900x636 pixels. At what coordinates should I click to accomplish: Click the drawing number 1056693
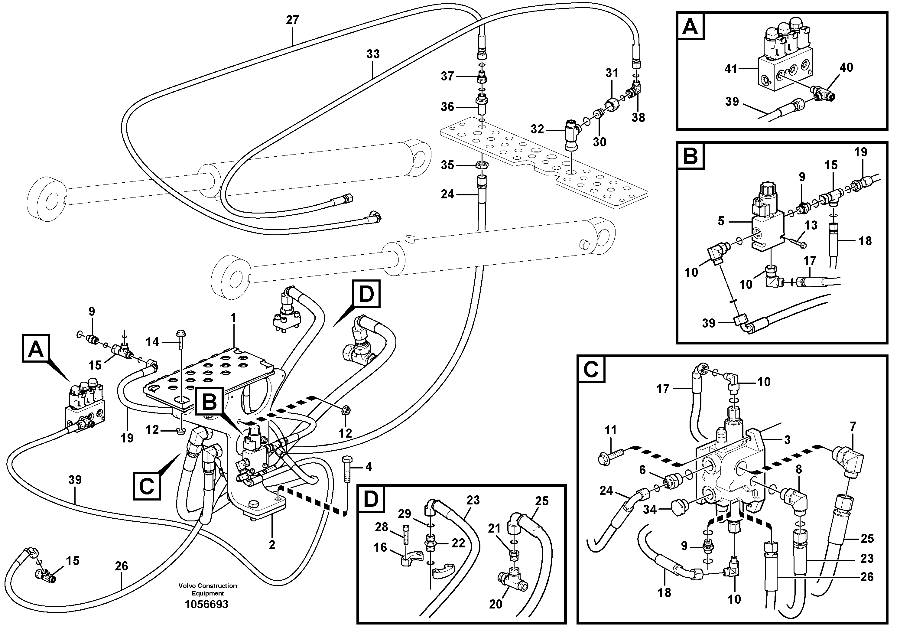point(206,604)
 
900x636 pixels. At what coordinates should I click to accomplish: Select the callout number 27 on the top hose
point(292,20)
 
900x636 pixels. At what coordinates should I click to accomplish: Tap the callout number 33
point(373,54)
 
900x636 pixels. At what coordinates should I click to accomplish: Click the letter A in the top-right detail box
point(690,27)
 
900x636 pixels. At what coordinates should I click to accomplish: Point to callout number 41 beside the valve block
point(731,69)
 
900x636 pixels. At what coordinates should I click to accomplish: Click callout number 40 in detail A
point(846,68)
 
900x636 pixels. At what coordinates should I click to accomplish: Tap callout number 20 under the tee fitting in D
point(495,604)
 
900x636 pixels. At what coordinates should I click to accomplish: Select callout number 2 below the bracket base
point(272,545)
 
